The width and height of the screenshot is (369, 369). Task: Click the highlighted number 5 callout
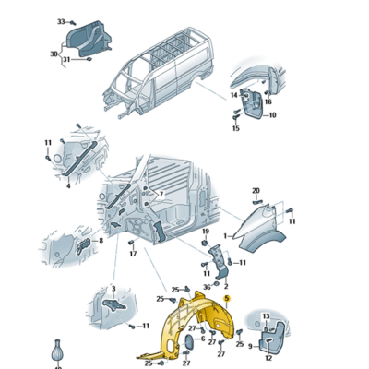point(227,298)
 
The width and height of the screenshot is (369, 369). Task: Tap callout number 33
point(61,22)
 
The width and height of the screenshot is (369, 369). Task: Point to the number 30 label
point(54,54)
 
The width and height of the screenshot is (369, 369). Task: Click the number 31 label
point(66,59)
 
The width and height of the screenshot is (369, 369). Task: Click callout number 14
point(234,95)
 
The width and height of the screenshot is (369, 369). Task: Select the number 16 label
point(268,102)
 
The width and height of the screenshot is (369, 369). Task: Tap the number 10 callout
point(272,115)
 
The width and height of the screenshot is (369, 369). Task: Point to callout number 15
point(236,128)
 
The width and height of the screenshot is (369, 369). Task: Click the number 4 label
point(68,185)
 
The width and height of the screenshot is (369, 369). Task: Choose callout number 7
point(161,195)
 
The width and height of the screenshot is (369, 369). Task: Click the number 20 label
point(256,191)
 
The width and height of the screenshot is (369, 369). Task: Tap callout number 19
point(206,232)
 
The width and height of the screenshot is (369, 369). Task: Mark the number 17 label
point(133,254)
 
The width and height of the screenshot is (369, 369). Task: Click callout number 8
point(101,241)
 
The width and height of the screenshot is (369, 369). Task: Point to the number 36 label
point(208,287)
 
